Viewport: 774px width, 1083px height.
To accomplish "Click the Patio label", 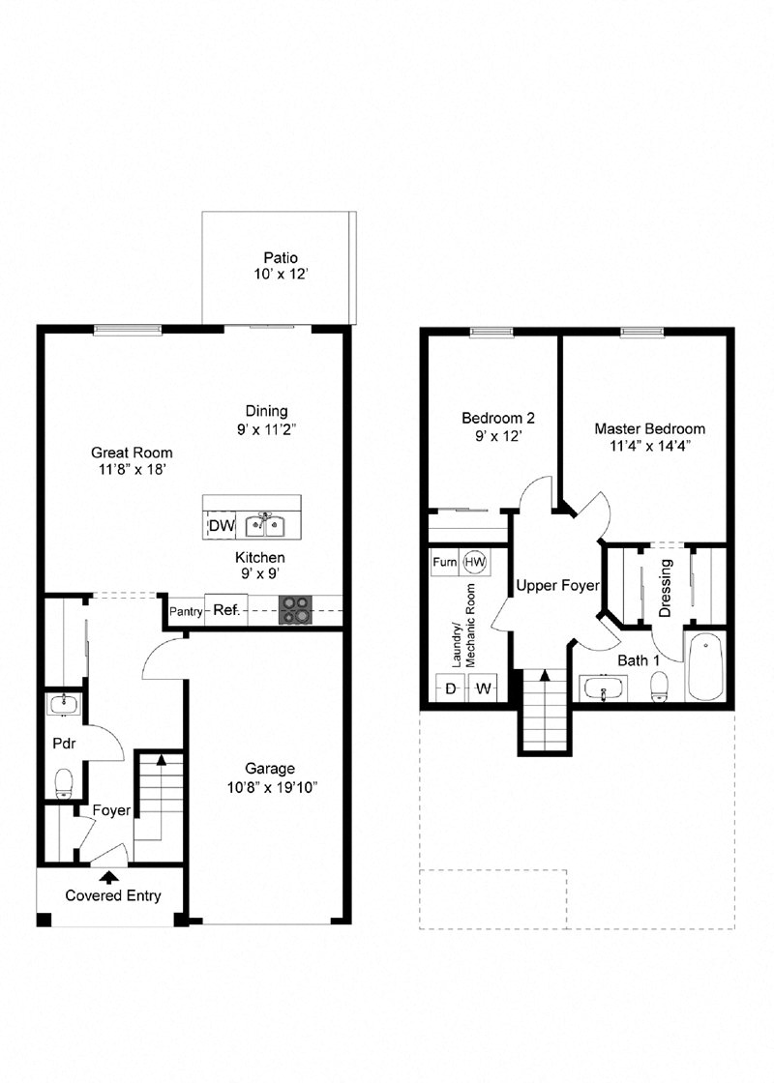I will [x=281, y=257].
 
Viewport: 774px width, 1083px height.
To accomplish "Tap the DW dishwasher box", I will [x=221, y=526].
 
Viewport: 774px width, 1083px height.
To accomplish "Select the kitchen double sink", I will [x=263, y=526].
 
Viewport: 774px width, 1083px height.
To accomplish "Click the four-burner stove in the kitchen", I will [x=296, y=610].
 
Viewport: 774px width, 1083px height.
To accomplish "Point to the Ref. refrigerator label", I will [x=225, y=610].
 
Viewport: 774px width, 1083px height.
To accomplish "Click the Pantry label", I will [x=186, y=611].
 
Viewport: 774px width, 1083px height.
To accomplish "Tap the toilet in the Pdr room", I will [x=65, y=781].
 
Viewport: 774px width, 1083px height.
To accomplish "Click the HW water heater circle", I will [x=475, y=562].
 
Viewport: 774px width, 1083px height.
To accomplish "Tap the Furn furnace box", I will [x=445, y=562].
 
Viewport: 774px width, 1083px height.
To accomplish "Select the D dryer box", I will [x=450, y=688].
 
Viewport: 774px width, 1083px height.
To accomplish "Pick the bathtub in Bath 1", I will [x=705, y=666].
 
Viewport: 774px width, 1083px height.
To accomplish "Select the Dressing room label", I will [x=666, y=588].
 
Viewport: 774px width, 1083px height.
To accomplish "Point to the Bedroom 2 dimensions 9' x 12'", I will [x=497, y=436].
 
